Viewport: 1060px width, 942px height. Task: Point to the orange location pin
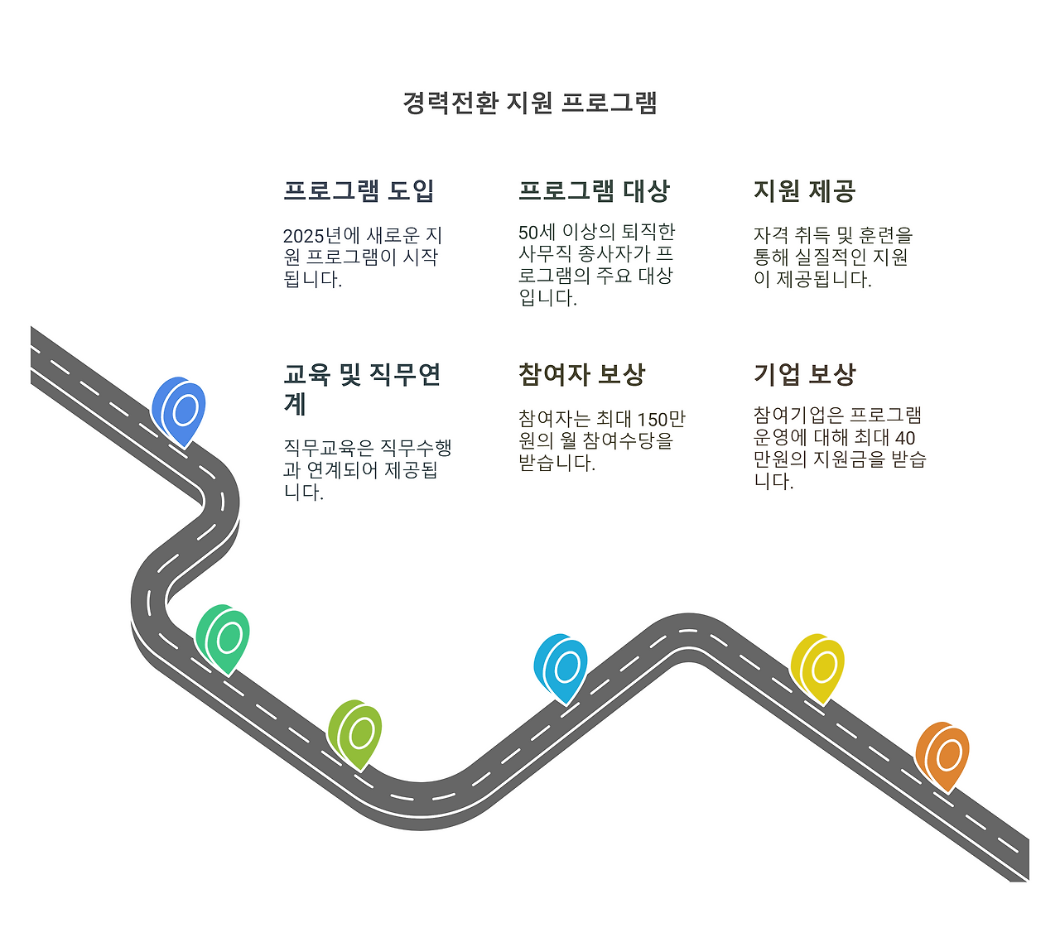pyautogui.click(x=942, y=754)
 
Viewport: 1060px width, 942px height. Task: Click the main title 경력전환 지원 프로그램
pyautogui.click(x=530, y=103)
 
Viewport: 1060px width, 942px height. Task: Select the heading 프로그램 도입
pyautogui.click(x=359, y=190)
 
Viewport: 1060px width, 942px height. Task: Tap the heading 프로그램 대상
pyautogui.click(x=594, y=190)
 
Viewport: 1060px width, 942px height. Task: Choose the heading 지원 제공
pyautogui.click(x=804, y=190)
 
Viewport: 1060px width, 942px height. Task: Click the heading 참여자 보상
pyautogui.click(x=581, y=374)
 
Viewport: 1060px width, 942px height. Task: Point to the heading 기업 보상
pyautogui.click(x=804, y=374)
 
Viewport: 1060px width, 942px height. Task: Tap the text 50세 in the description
pyautogui.click(x=537, y=233)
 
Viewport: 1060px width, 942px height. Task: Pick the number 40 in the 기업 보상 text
pyautogui.click(x=905, y=437)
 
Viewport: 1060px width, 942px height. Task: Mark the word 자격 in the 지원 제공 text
pyautogui.click(x=770, y=236)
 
